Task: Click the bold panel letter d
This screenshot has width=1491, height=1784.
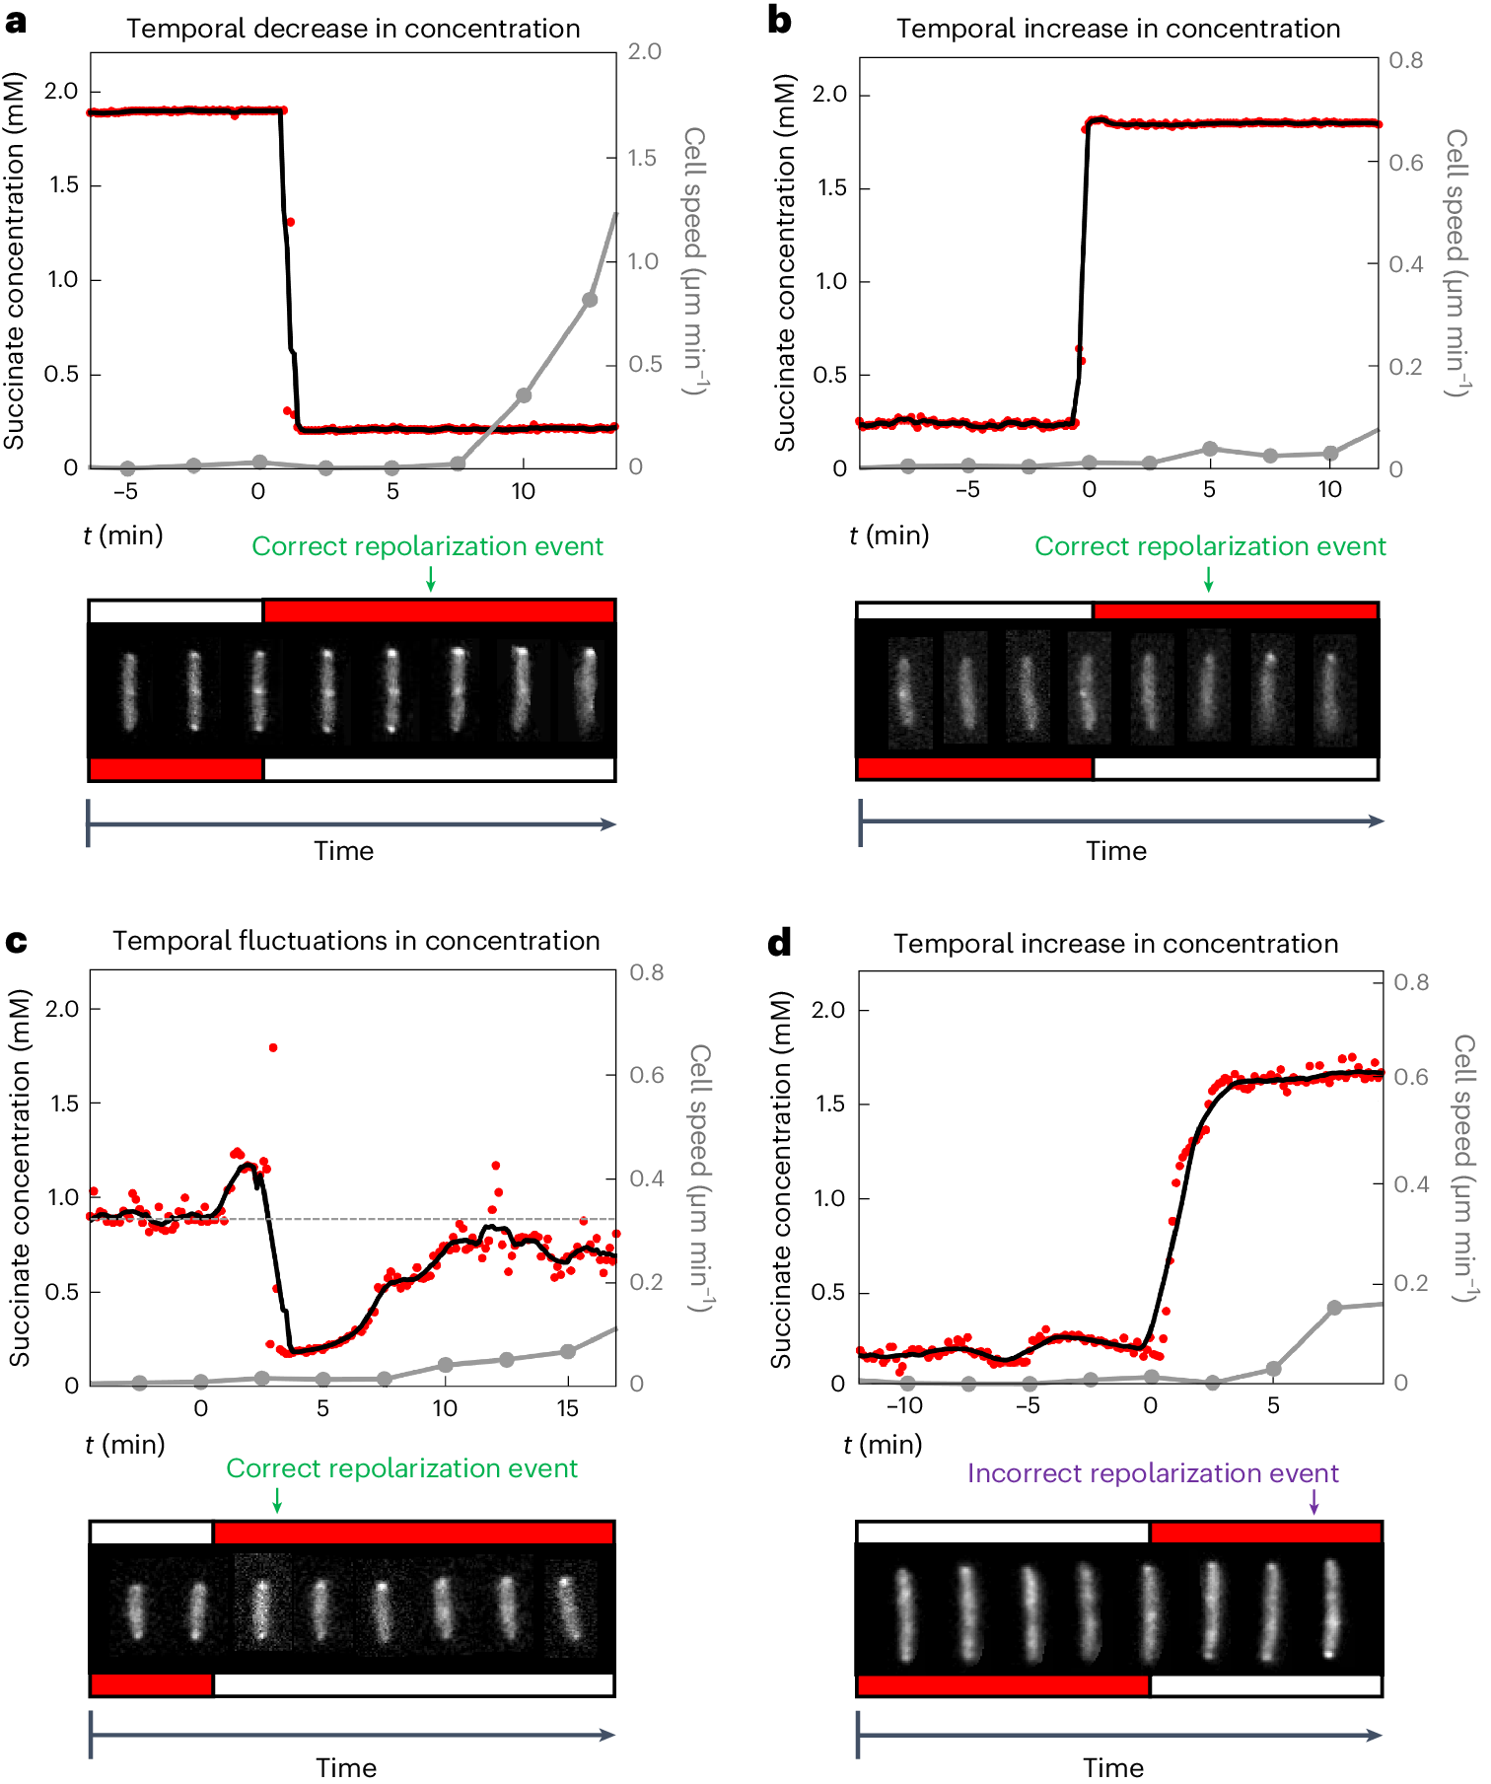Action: click(x=779, y=943)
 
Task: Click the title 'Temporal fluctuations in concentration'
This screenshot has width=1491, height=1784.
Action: click(x=355, y=941)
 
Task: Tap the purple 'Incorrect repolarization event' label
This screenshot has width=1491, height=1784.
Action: click(x=1152, y=1473)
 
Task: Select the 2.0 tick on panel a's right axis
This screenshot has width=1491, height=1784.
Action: click(x=645, y=51)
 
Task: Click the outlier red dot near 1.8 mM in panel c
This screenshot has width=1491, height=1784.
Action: click(x=273, y=1047)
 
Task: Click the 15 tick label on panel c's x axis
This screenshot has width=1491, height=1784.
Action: click(x=567, y=1408)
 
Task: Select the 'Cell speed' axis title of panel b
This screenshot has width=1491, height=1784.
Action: click(x=1457, y=262)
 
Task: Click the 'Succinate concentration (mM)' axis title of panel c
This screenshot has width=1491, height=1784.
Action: click(x=20, y=1177)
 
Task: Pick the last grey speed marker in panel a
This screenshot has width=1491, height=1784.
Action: click(x=590, y=300)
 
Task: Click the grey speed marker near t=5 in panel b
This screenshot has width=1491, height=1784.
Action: click(x=1210, y=449)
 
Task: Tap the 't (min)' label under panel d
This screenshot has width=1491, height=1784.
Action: click(x=883, y=1445)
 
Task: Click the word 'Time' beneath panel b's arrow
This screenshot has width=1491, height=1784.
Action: click(x=1115, y=851)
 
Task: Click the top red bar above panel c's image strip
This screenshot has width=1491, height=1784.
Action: click(x=413, y=1533)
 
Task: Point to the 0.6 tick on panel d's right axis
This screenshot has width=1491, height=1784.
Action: click(x=1410, y=1077)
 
